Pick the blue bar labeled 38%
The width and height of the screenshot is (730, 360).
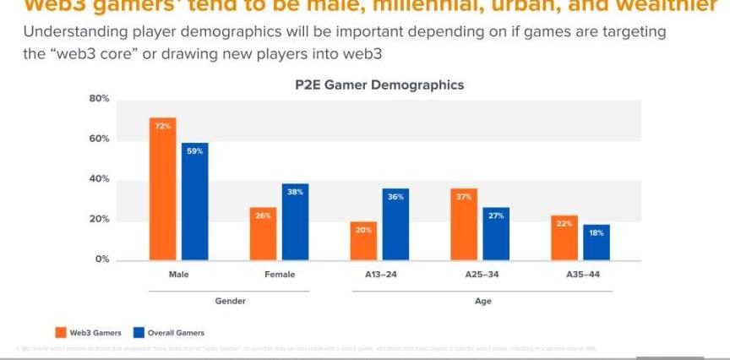[x=295, y=221]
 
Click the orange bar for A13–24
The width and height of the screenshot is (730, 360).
[x=363, y=240]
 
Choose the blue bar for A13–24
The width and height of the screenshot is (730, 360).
[x=395, y=224]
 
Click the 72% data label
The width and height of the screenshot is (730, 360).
[x=163, y=126]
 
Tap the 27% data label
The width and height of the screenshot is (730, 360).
[x=496, y=215]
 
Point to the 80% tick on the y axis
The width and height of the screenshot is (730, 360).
[x=100, y=99]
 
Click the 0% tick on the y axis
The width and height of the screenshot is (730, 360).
[x=102, y=259]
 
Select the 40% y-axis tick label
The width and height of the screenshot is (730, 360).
[x=100, y=179]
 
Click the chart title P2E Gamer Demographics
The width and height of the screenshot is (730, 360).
[x=379, y=85]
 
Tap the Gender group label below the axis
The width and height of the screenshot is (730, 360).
[x=230, y=302]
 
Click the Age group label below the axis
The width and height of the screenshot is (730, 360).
[x=482, y=302]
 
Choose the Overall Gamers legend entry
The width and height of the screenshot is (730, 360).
[x=168, y=333]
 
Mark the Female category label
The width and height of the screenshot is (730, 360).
[x=279, y=275]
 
